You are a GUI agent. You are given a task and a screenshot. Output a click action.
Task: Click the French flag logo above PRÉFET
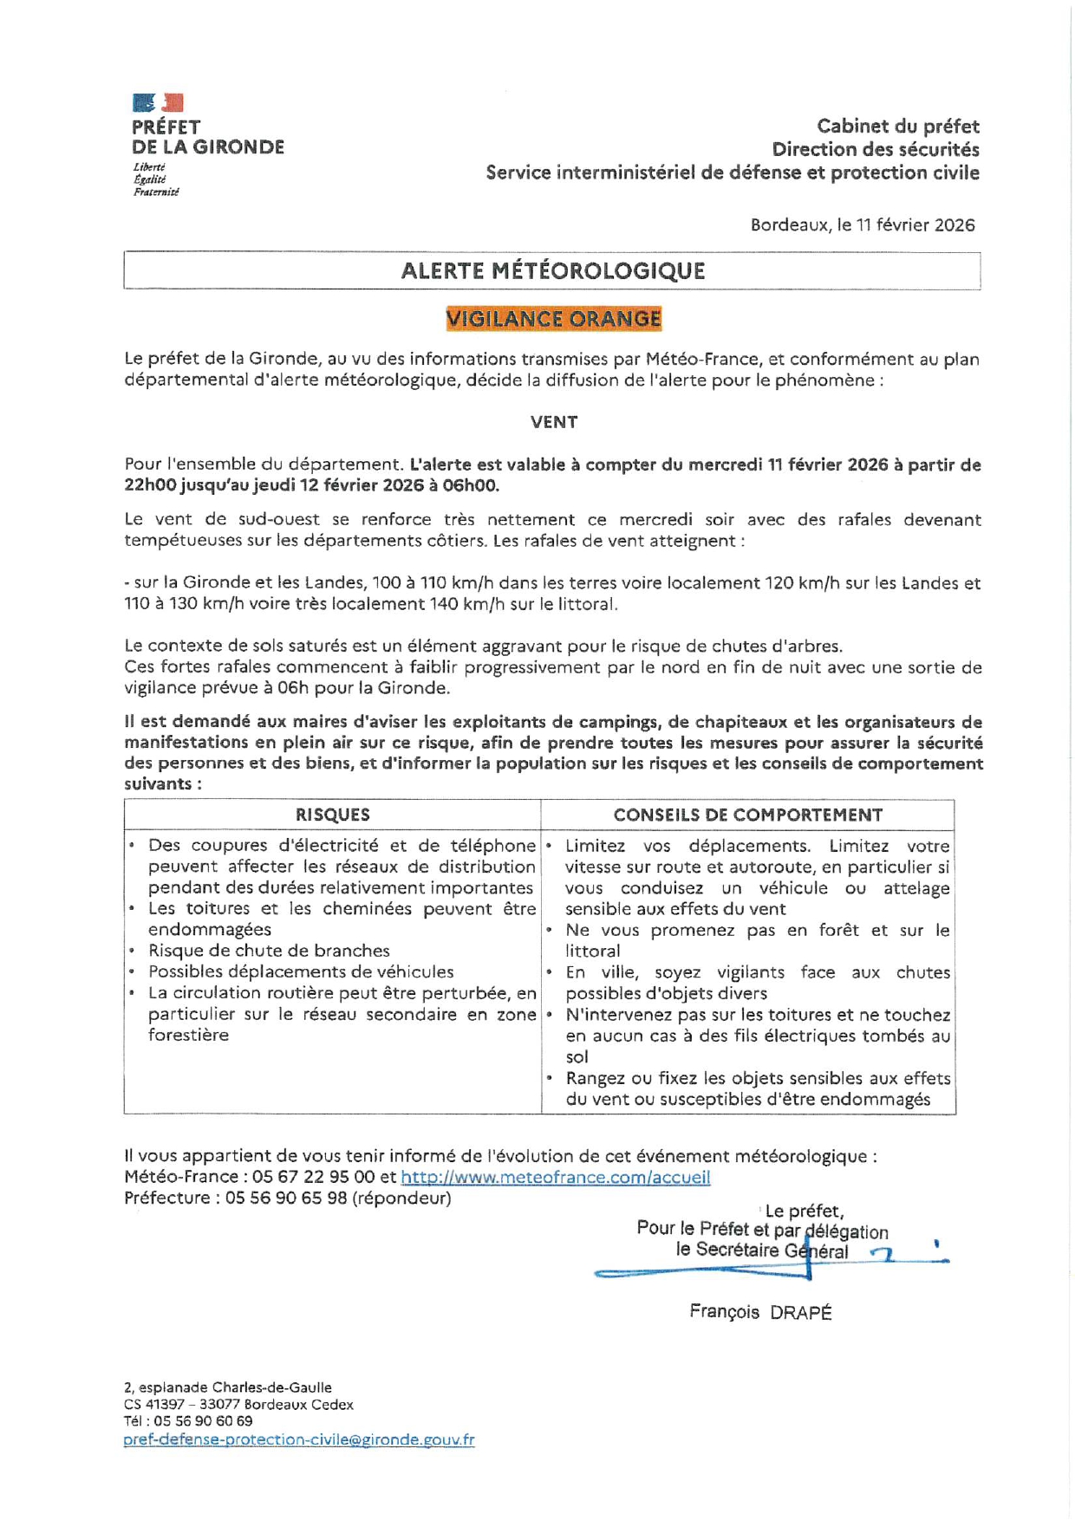pos(158,103)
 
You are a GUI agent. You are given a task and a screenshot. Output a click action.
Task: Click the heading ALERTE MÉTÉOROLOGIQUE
pos(552,271)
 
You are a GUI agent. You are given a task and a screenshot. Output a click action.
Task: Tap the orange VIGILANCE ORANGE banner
pos(553,319)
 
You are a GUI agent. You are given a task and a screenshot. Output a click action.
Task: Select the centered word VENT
pos(554,422)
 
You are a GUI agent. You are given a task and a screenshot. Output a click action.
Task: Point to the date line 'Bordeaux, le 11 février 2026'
pos(863,225)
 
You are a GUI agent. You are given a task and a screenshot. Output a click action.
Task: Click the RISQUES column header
pos(332,815)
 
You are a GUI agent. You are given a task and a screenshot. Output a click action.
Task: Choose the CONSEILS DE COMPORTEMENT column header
pos(747,815)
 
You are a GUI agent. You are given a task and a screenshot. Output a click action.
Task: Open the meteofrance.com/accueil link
pos(556,1177)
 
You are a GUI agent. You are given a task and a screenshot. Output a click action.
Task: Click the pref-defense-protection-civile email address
pos(299,1439)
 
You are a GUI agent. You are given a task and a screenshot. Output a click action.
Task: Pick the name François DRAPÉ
pos(760,1312)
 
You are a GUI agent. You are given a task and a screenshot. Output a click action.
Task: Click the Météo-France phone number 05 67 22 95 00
pos(300,1177)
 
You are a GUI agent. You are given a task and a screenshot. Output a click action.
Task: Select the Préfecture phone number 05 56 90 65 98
pos(286,1198)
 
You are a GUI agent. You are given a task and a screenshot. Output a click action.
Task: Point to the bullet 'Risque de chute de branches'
pos(269,951)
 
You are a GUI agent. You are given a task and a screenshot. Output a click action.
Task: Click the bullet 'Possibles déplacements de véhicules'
pos(301,971)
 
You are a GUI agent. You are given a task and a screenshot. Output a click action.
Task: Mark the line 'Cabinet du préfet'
pos(897,127)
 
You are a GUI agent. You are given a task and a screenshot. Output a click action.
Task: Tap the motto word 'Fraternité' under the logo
pos(156,192)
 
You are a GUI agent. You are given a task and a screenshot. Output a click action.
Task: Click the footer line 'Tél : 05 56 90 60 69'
pos(188,1421)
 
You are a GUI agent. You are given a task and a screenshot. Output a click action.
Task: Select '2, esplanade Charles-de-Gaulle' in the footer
pos(228,1387)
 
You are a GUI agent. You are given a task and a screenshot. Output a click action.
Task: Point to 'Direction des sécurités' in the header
pos(876,150)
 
